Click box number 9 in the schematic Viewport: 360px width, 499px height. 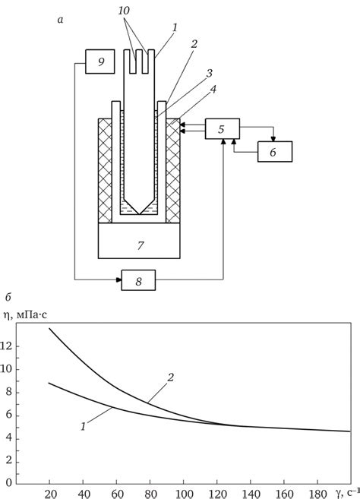(x=100, y=62)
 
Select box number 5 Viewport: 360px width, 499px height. (x=223, y=129)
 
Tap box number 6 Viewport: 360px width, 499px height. (x=275, y=152)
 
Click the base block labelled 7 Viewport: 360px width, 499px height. (x=139, y=241)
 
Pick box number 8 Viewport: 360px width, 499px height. (x=138, y=280)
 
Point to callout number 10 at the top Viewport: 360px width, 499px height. (x=124, y=11)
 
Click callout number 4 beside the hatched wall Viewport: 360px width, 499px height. (x=213, y=89)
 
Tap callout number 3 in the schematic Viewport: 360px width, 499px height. (x=209, y=74)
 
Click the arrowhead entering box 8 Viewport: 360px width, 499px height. (x=118, y=280)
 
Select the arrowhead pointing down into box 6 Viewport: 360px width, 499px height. (x=273, y=139)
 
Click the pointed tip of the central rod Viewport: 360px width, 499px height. (x=139, y=214)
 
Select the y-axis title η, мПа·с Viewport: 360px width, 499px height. (x=25, y=314)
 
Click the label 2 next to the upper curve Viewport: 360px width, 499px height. (x=171, y=377)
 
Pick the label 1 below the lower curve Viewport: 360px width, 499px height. (x=83, y=426)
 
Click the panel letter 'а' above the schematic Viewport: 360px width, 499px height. (x=61, y=21)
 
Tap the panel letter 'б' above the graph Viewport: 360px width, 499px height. (x=8, y=298)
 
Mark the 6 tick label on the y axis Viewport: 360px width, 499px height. (x=8, y=415)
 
